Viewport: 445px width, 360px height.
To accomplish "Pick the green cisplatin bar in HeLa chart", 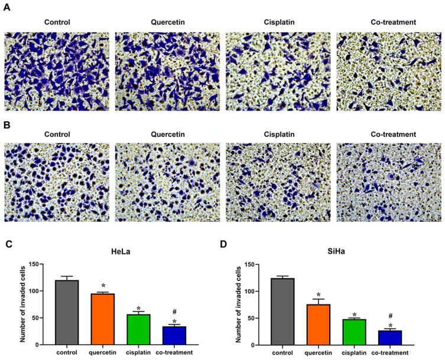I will (x=139, y=329).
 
